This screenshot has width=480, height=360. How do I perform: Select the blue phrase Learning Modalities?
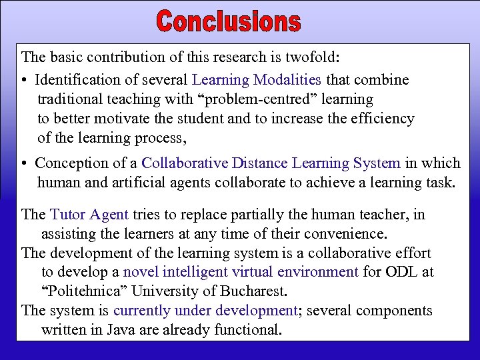click(257, 80)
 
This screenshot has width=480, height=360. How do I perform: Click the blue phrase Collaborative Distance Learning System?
click(271, 163)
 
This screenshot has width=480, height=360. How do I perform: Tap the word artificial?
click(142, 182)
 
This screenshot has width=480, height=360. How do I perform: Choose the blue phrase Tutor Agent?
click(89, 215)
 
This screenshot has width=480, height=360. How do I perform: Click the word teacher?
click(389, 215)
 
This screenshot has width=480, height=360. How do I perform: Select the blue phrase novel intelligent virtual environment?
click(241, 272)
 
